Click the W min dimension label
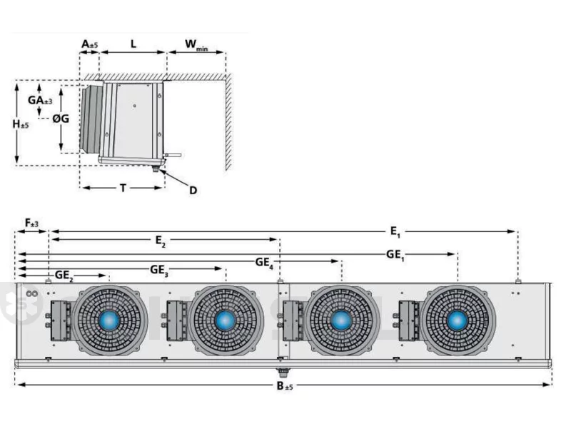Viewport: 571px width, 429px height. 196,45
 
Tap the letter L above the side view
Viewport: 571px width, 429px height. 133,44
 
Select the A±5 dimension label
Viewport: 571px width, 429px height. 90,44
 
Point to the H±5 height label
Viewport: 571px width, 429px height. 21,124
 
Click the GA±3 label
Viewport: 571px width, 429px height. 40,100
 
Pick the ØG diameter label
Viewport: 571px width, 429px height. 61,118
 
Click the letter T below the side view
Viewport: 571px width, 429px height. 123,188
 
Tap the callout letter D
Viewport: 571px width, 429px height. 193,190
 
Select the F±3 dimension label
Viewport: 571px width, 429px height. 31,223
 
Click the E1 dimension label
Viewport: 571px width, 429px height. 395,231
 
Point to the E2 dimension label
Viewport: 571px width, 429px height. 161,241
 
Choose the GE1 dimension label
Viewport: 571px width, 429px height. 395,255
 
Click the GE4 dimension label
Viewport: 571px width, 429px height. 264,262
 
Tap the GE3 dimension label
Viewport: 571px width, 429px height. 159,271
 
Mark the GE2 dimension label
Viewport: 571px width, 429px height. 64,275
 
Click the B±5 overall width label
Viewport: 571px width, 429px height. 285,385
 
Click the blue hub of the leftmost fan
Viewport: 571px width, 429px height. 109,321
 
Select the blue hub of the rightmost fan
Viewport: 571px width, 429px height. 458,321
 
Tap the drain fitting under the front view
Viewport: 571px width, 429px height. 281,373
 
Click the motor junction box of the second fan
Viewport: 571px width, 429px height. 176,321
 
